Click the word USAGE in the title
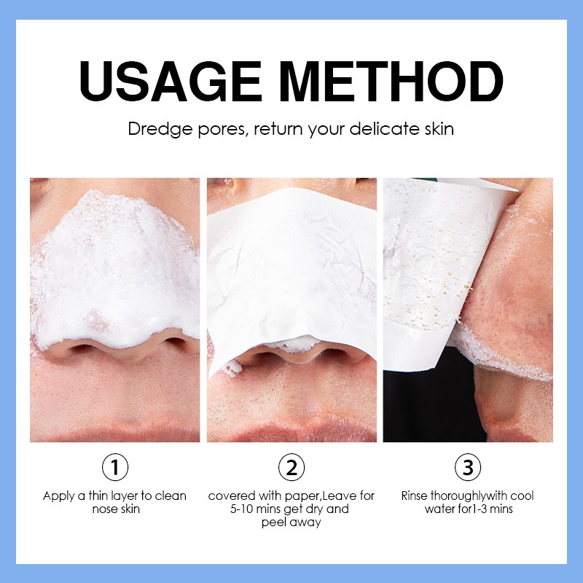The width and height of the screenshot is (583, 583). tap(169, 82)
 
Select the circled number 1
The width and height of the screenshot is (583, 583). tap(114, 466)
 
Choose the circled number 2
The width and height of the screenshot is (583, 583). tap(291, 466)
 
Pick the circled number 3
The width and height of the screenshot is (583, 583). tap(468, 466)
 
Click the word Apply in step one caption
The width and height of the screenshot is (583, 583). tap(58, 496)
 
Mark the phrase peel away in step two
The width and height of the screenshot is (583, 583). tap(291, 523)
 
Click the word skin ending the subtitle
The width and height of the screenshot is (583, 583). tap(439, 130)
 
